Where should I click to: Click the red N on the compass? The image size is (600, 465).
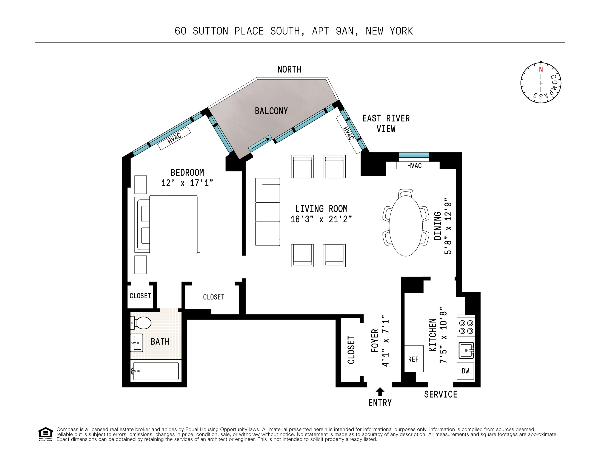pyautogui.click(x=541, y=69)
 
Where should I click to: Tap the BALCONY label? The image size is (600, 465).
pyautogui.click(x=271, y=111)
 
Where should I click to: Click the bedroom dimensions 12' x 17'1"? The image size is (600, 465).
pyautogui.click(x=187, y=183)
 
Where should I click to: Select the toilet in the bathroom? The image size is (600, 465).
pyautogui.click(x=142, y=323)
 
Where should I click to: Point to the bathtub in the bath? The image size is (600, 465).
pyautogui.click(x=156, y=371)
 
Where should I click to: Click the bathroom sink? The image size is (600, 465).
pyautogui.click(x=137, y=343)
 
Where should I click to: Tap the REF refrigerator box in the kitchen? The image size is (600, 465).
pyautogui.click(x=414, y=359)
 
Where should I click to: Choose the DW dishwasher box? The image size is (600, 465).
pyautogui.click(x=465, y=371)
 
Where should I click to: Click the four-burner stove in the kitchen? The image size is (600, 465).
pyautogui.click(x=466, y=327)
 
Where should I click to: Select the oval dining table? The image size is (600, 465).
pyautogui.click(x=406, y=226)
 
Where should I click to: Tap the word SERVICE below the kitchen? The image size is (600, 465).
pyautogui.click(x=440, y=394)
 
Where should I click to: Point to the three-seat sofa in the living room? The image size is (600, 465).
pyautogui.click(x=268, y=212)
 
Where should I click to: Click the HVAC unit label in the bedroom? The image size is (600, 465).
pyautogui.click(x=174, y=138)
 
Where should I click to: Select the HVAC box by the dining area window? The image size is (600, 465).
pyautogui.click(x=414, y=166)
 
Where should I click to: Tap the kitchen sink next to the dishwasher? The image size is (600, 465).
pyautogui.click(x=466, y=350)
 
